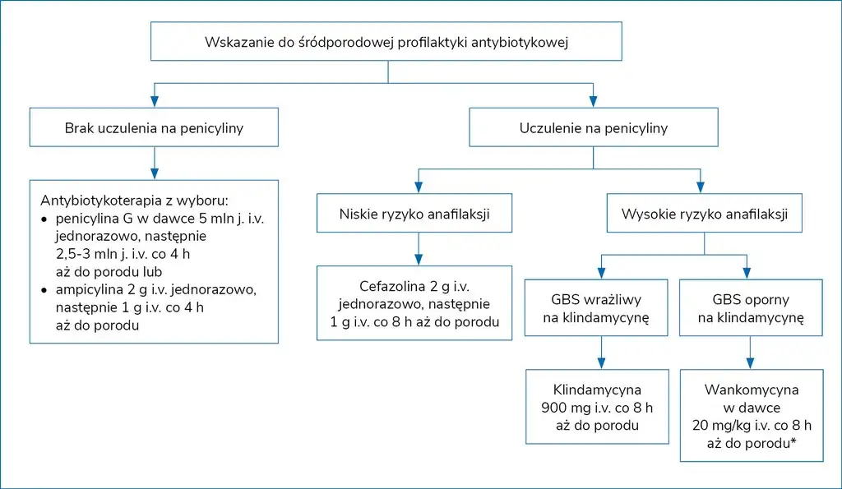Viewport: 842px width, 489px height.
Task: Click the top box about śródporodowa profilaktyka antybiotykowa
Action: (x=386, y=41)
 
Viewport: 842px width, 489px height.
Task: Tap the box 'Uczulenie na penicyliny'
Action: (x=593, y=128)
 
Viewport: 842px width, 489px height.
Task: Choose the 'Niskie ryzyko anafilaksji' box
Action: (x=419, y=214)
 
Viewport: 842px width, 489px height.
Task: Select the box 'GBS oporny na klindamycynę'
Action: (x=750, y=307)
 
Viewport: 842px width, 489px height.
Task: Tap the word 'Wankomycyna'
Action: (x=751, y=390)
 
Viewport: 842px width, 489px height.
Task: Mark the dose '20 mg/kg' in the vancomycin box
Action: (x=724, y=425)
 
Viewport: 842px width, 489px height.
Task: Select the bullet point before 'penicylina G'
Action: (x=44, y=219)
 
